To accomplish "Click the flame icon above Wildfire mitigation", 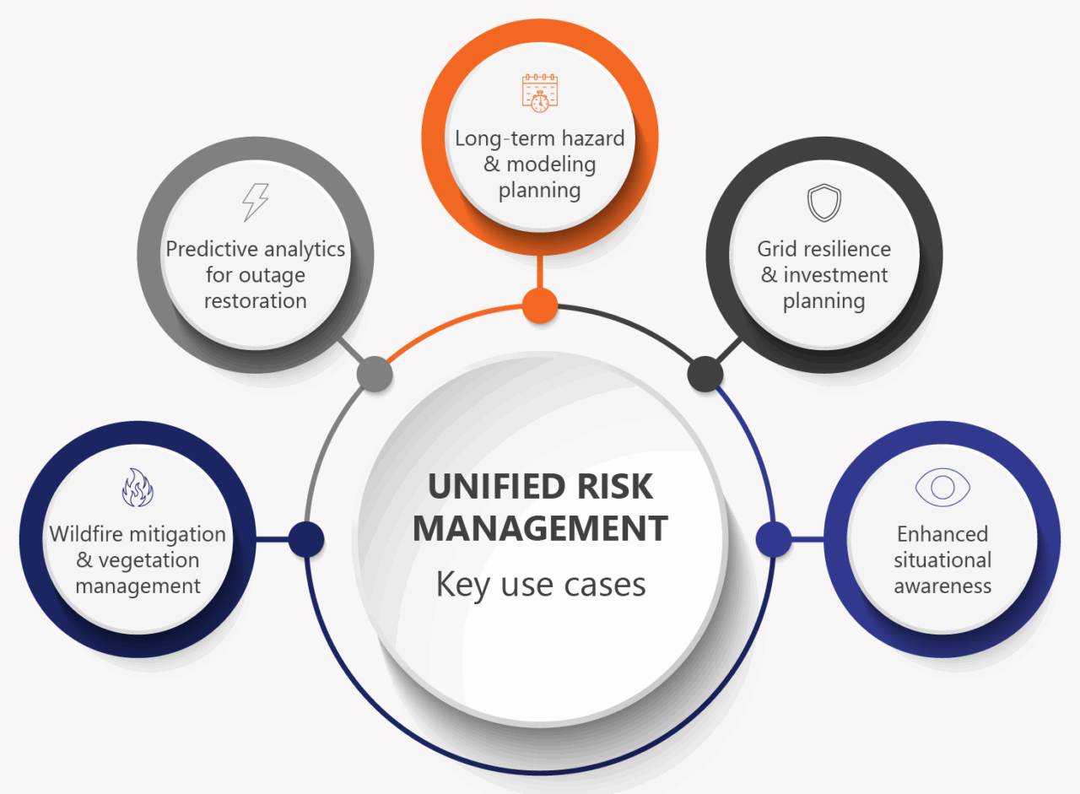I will [x=137, y=489].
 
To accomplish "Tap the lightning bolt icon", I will [x=255, y=203].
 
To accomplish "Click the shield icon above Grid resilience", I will [x=823, y=203].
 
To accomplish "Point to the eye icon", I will [x=942, y=487].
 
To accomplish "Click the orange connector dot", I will [x=539, y=305].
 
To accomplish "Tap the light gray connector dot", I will [x=375, y=373].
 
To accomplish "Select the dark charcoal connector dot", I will [x=705, y=373].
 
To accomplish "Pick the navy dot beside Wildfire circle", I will [x=305, y=539].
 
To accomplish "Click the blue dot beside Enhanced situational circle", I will [x=773, y=539].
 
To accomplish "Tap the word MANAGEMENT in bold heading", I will [x=540, y=528].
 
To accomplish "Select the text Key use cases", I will [x=540, y=584].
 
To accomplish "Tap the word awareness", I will [x=942, y=586].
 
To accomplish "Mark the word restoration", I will [x=255, y=301].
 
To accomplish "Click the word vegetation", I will [x=148, y=560].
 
